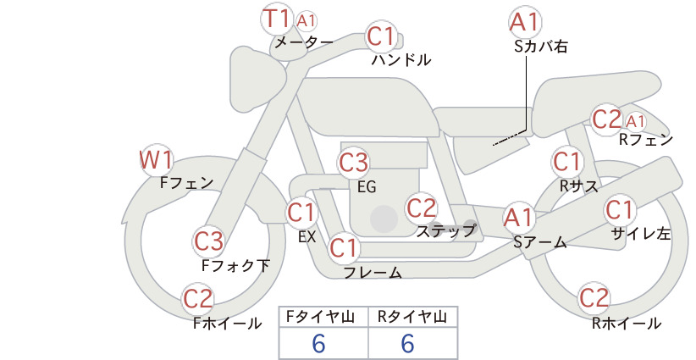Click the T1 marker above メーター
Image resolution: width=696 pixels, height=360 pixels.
pyautogui.click(x=277, y=19)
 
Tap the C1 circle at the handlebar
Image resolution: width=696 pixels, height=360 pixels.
pyautogui.click(x=381, y=36)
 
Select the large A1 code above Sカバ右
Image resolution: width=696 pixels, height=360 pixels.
pyautogui.click(x=525, y=22)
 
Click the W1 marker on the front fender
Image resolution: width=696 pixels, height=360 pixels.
pyautogui.click(x=156, y=160)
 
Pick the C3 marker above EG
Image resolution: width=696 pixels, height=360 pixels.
pyautogui.click(x=353, y=163)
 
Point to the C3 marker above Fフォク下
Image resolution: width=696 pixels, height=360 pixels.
pyautogui.click(x=209, y=241)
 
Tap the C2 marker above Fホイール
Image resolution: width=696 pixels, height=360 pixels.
pyautogui.click(x=198, y=299)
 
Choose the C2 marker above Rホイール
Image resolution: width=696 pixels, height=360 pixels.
pyautogui.click(x=594, y=298)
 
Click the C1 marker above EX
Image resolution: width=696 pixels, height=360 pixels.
pyautogui.click(x=301, y=213)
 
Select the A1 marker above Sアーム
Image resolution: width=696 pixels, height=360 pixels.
pyautogui.click(x=519, y=218)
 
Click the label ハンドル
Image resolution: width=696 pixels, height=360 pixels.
pyautogui.click(x=401, y=59)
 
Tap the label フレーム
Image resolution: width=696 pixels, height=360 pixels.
pyautogui.click(x=373, y=273)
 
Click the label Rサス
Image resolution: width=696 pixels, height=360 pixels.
pyautogui.click(x=579, y=186)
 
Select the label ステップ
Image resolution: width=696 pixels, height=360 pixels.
pyautogui.click(x=446, y=231)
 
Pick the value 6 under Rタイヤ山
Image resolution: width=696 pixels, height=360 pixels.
pyautogui.click(x=408, y=343)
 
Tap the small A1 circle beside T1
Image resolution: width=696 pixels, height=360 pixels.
pyautogui.click(x=306, y=21)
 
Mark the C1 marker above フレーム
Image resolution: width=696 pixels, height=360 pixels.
pyautogui.click(x=344, y=247)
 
